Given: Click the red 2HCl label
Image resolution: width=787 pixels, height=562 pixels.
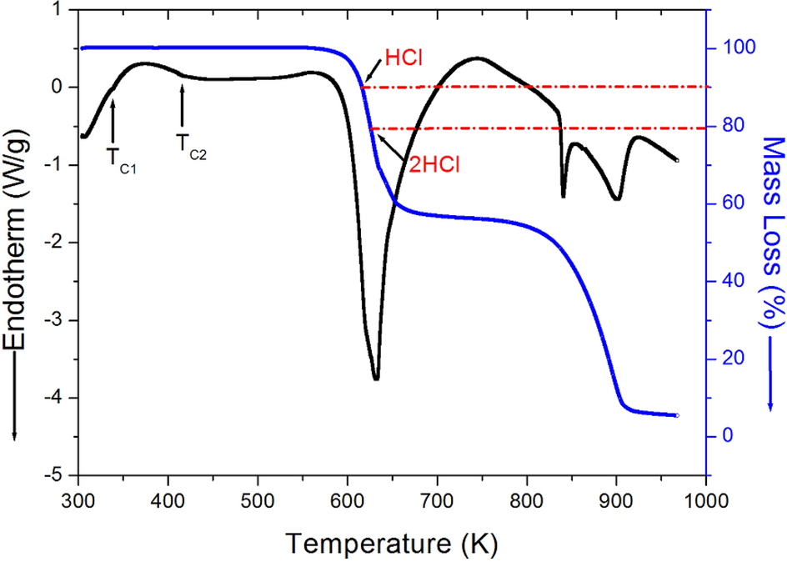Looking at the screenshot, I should click(x=434, y=163).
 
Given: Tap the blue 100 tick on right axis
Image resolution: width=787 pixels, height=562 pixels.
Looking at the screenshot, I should click(x=734, y=48).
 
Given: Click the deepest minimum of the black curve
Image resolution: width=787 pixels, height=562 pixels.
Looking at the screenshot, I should click(x=376, y=379).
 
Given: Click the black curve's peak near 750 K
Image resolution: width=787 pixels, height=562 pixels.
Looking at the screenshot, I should click(x=477, y=58).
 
